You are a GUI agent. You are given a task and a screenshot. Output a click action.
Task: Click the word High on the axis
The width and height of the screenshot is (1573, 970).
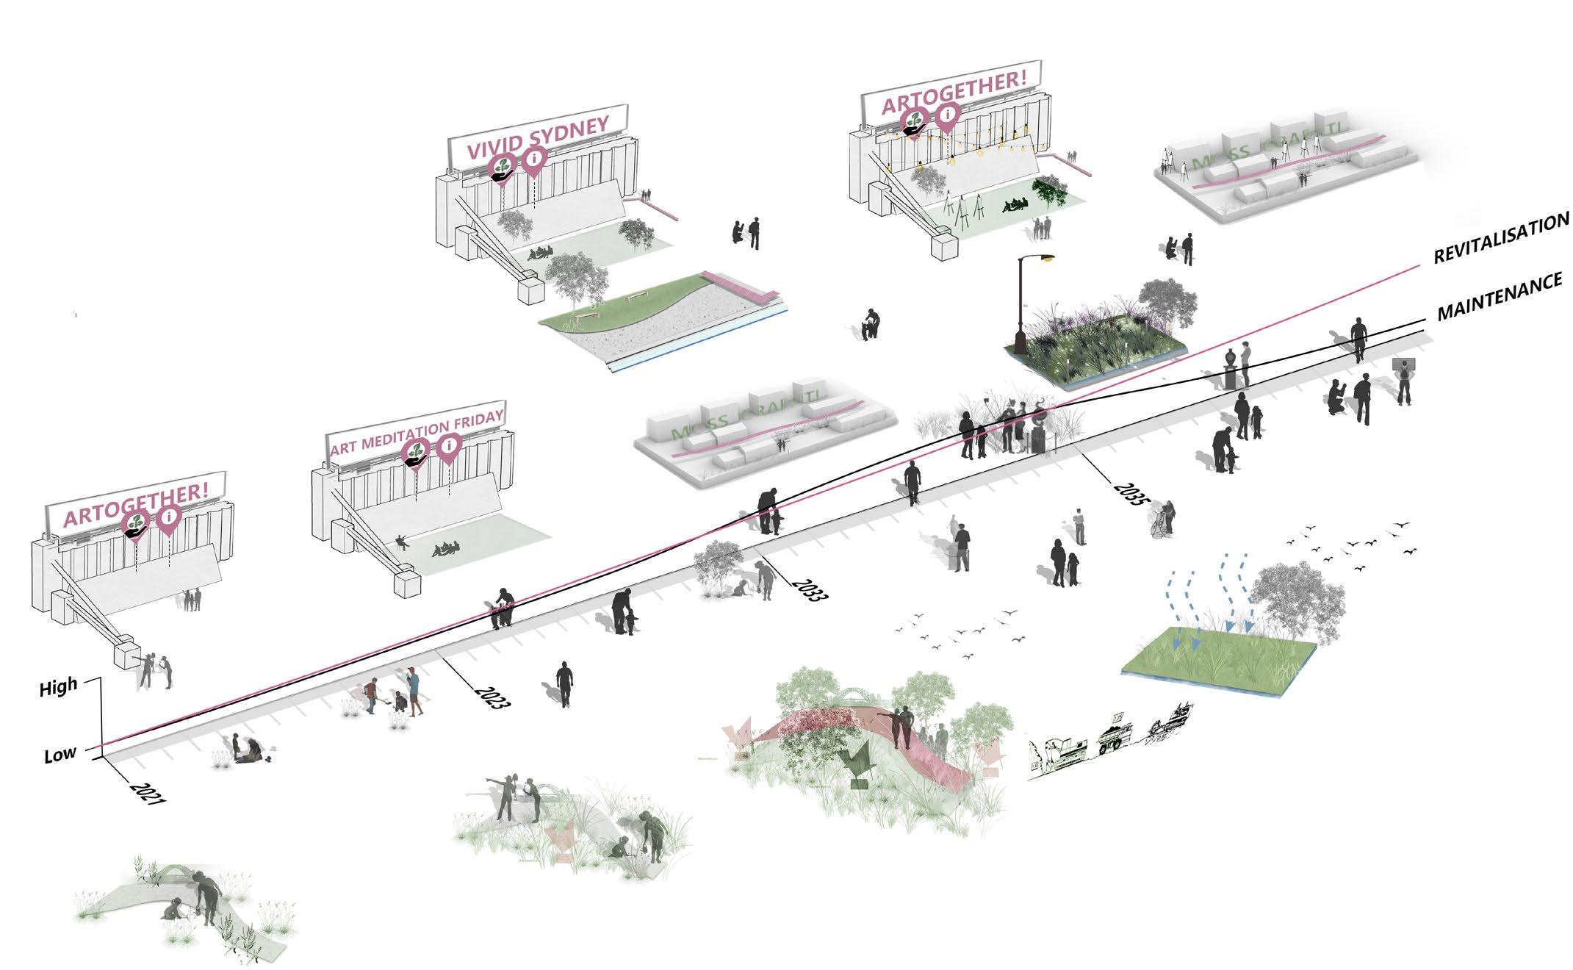[x=58, y=689]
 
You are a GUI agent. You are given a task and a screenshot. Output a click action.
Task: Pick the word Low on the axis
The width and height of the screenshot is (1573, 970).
[x=60, y=754]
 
